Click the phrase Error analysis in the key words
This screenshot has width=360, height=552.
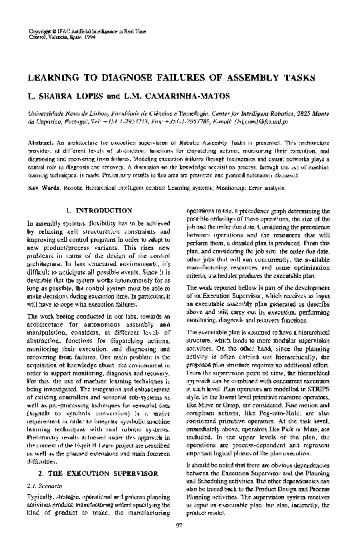pyautogui.click(x=274, y=188)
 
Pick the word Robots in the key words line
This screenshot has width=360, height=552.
pyautogui.click(x=72, y=188)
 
